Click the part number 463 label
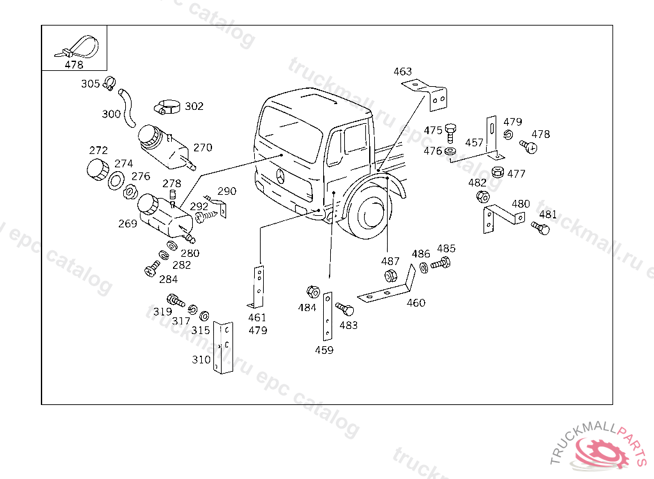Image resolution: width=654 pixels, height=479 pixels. click(402, 72)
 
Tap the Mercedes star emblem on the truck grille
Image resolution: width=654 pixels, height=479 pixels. click(281, 176)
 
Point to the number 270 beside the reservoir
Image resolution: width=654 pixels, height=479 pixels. click(202, 148)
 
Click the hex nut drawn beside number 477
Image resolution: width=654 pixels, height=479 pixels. click(498, 172)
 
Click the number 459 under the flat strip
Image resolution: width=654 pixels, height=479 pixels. click(324, 350)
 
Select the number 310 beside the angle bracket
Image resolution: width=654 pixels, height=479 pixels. click(201, 360)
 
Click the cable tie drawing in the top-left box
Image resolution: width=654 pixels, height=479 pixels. click(80, 47)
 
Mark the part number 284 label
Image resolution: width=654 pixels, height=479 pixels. click(168, 279)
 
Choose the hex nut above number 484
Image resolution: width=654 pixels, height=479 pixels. click(312, 293)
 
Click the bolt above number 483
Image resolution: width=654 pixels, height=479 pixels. click(345, 310)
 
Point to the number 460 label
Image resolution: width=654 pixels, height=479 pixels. click(416, 303)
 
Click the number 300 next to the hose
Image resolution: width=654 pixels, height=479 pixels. click(111, 114)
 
